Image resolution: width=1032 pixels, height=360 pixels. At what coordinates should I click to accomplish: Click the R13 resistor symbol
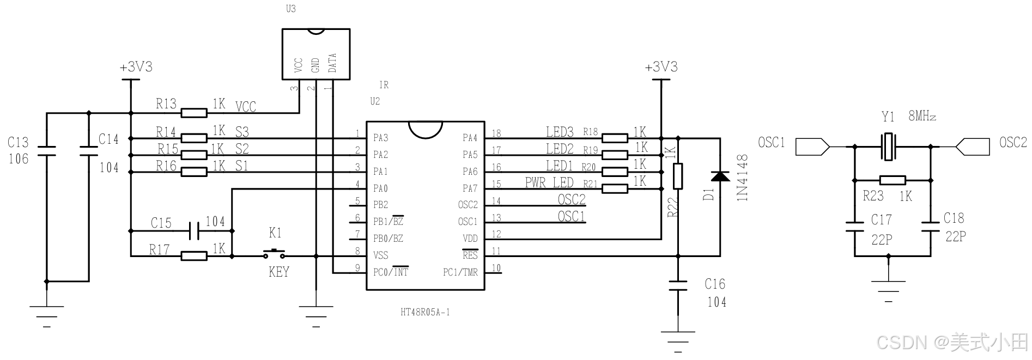click(194, 113)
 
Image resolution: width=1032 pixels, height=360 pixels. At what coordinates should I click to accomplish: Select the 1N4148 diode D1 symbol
click(720, 176)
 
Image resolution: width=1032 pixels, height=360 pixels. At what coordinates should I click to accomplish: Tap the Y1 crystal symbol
click(889, 147)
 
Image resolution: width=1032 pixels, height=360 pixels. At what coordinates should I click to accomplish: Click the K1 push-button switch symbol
click(274, 253)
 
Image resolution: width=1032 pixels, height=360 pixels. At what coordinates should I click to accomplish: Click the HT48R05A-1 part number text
click(425, 313)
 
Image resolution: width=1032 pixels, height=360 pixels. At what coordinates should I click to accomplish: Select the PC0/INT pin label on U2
click(391, 271)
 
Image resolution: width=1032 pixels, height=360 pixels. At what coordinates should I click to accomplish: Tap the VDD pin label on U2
click(470, 238)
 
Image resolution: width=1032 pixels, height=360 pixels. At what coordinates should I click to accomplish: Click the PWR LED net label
click(549, 182)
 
